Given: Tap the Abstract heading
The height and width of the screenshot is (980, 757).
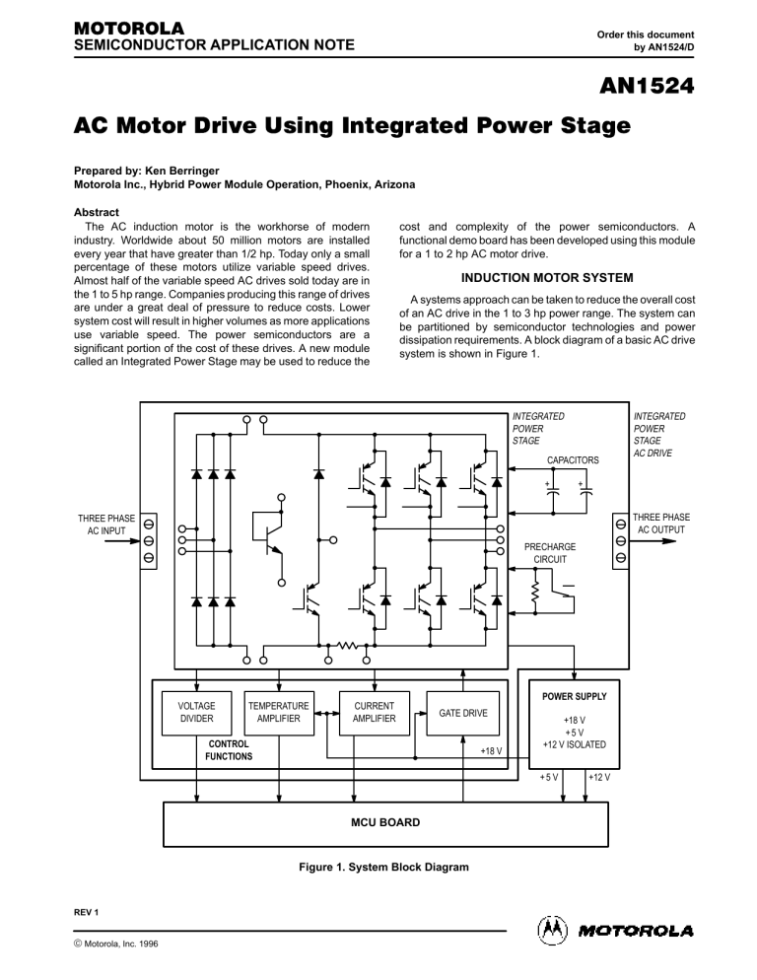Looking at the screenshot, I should [x=102, y=211].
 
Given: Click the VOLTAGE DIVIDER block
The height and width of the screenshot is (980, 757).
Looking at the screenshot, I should [x=197, y=713].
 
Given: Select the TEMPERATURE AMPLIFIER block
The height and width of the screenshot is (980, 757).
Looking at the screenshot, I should [x=279, y=713].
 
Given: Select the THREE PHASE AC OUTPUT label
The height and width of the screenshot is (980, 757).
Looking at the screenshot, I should [x=661, y=524].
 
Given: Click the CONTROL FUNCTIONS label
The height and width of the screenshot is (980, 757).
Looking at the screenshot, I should [x=229, y=750].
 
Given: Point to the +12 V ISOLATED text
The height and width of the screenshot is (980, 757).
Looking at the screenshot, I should [x=575, y=743].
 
